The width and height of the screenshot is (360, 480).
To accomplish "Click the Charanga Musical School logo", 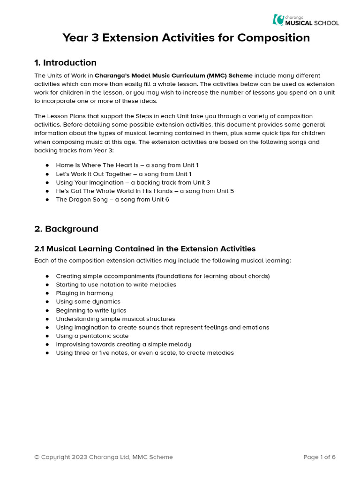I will (306, 20).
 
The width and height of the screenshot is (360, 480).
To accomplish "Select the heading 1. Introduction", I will (65, 63).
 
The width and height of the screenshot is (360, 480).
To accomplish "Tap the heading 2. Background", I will (66, 229).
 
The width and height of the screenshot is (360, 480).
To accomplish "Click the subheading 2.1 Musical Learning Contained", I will (145, 249).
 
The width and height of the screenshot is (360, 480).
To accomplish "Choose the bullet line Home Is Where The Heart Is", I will (127, 165).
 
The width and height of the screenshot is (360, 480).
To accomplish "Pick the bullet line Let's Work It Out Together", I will (123, 174).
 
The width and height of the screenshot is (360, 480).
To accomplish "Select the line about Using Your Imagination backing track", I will (133, 182).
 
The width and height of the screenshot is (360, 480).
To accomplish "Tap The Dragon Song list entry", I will (112, 199).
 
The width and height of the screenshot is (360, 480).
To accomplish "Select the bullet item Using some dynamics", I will (88, 301).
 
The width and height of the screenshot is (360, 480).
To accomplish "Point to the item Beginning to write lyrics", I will (91, 310).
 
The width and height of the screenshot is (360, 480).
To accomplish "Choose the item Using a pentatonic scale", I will (92, 336).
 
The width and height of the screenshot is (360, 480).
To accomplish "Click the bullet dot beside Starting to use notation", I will (47, 285).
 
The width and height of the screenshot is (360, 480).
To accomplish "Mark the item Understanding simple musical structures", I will (115, 319).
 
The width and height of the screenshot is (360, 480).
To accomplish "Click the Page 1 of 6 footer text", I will (319, 457).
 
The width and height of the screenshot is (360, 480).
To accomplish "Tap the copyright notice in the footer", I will (103, 457).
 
